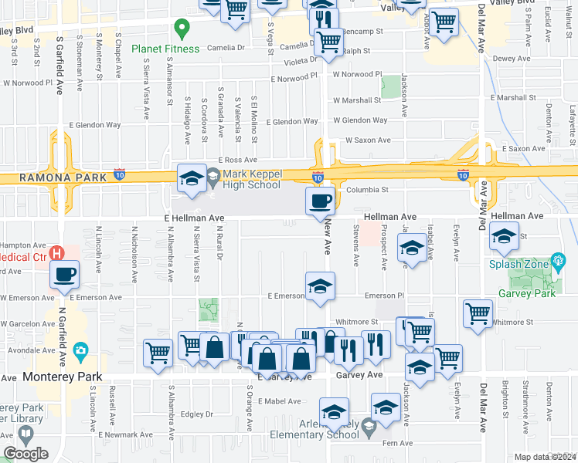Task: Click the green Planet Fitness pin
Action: (x=182, y=30)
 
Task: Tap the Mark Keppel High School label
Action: (x=252, y=180)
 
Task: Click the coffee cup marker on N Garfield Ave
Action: (x=65, y=274)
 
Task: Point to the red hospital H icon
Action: (x=56, y=252)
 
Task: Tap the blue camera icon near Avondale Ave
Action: (x=80, y=351)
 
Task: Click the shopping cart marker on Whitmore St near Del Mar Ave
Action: (x=478, y=314)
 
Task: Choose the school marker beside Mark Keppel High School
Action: (x=192, y=180)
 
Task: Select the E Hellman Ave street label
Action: (x=194, y=218)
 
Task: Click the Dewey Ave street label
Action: (x=512, y=59)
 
